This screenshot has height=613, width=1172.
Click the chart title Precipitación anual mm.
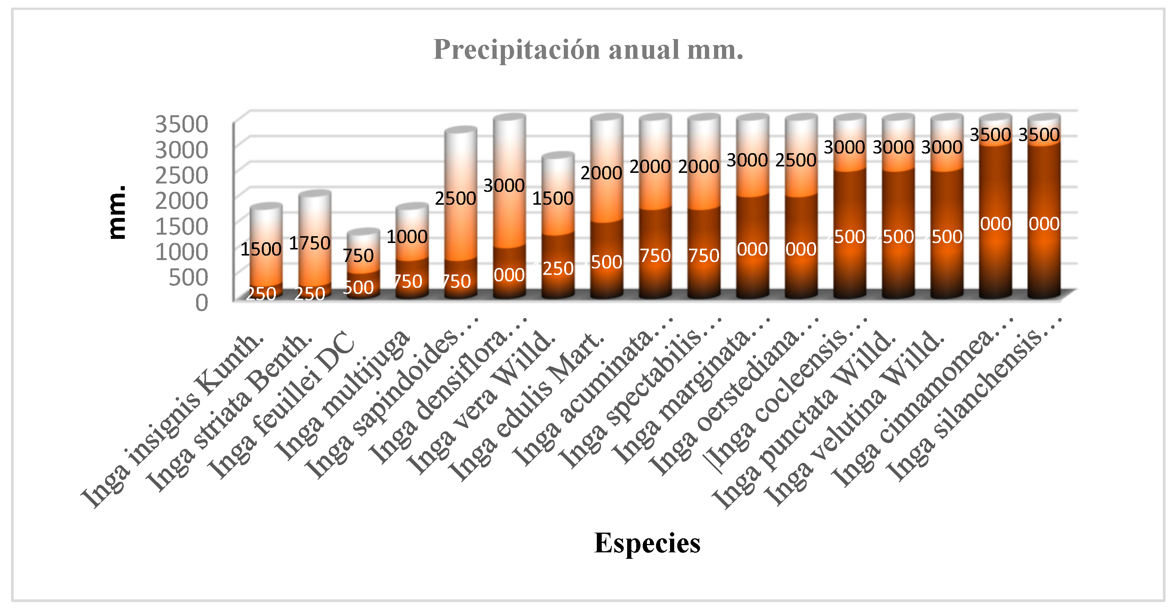pos(588,50)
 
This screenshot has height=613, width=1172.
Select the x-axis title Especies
pos(647,543)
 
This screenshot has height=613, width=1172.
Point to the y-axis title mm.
pos(117,212)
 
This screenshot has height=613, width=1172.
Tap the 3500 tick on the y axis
pos(181,124)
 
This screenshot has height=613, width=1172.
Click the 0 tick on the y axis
pos(201,303)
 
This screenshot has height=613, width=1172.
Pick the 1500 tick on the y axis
pos(181,226)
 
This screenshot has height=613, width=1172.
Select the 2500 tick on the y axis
pos(181,175)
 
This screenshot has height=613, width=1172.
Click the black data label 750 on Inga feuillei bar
pos(358,256)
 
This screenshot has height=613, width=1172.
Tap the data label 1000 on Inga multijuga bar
pos(407,237)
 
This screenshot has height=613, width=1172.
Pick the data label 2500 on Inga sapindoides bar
pos(455,198)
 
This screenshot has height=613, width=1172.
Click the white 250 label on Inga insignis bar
pos(261,294)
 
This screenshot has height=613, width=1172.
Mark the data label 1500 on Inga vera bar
pos(552,198)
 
